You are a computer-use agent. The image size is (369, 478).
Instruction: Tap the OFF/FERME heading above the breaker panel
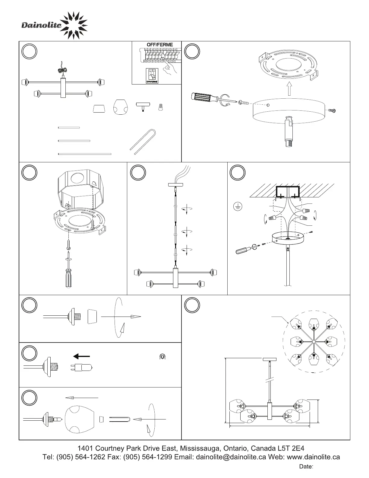(x=160, y=45)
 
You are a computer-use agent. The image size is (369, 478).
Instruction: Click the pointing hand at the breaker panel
(x=169, y=68)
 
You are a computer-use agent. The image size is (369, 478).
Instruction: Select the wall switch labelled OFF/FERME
(x=152, y=75)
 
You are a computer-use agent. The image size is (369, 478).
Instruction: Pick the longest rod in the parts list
(x=84, y=154)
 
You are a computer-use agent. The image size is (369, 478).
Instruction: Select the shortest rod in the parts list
(x=69, y=128)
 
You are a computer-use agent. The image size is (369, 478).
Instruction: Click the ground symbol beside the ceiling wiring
(x=238, y=207)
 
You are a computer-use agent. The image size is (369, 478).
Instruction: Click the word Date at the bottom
(x=306, y=467)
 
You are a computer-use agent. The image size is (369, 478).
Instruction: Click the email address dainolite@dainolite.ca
(x=231, y=457)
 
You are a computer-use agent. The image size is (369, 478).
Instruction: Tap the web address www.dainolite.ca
(x=314, y=457)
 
